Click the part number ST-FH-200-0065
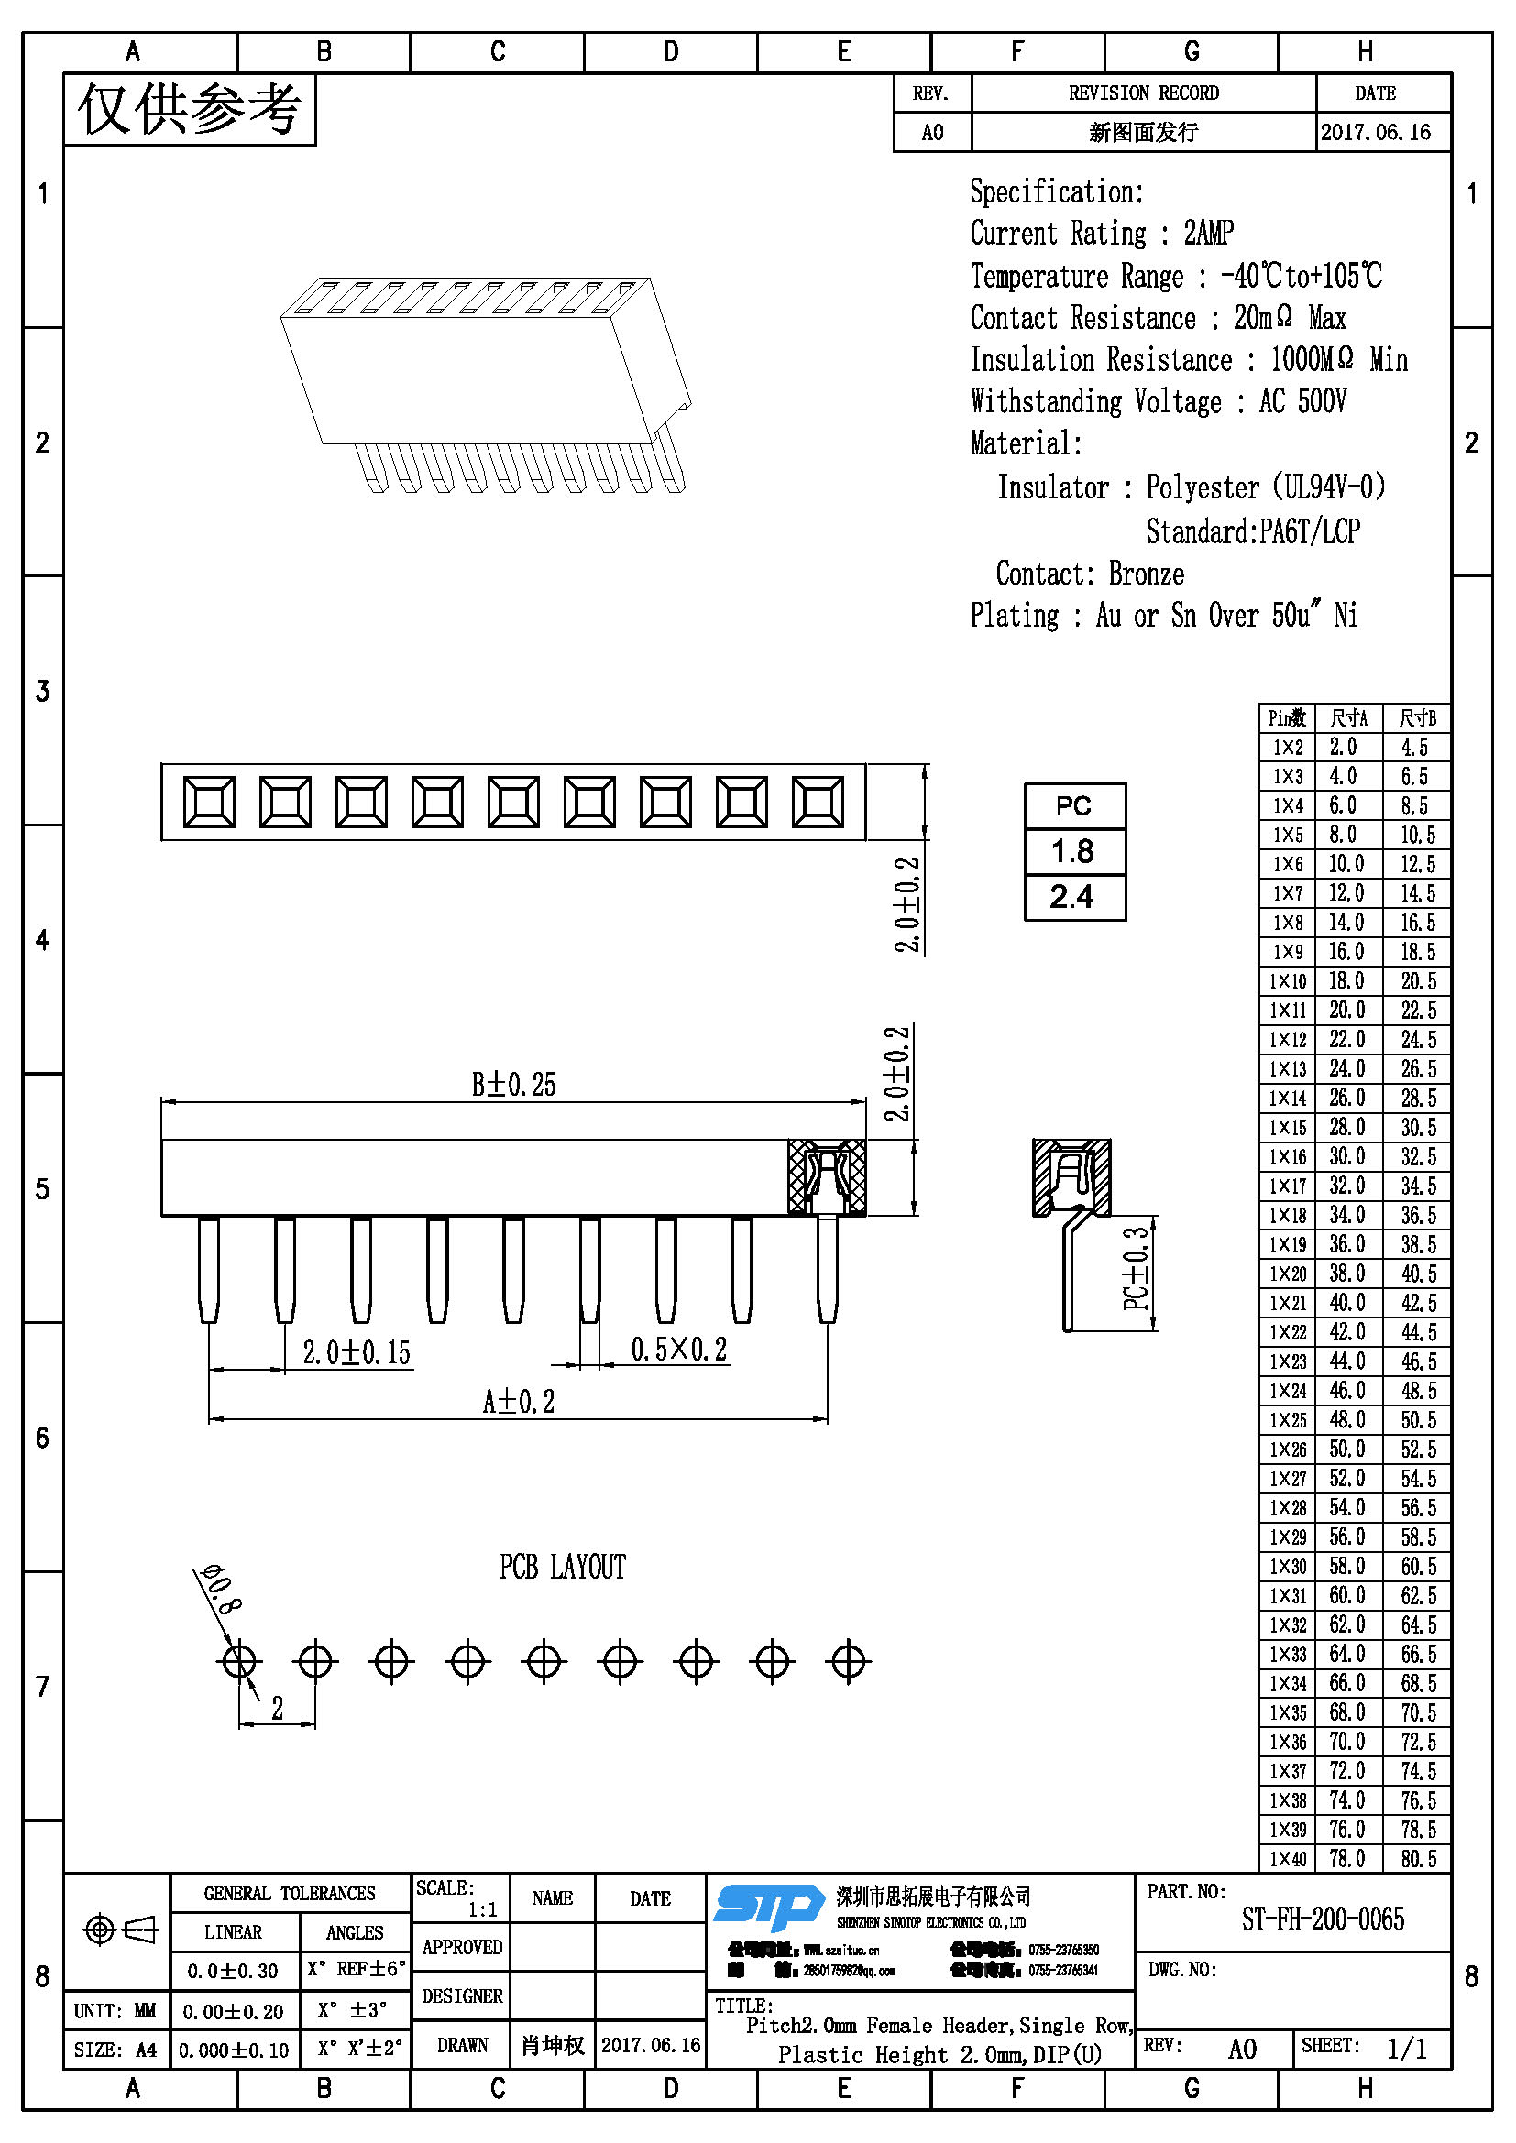coord(1322,1920)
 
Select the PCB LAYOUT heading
coord(562,1567)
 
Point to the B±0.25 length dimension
coord(513,1085)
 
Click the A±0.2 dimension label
coord(518,1401)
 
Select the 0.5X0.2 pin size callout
coord(678,1350)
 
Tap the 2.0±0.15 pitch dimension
coord(357,1352)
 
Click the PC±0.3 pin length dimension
coord(1135,1268)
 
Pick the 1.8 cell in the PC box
coord(1073,851)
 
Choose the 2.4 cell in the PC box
coord(1073,897)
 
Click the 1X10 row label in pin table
coord(1286,981)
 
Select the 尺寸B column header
coord(1416,717)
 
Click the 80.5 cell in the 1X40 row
coord(1417,1858)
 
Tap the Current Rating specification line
coord(1102,234)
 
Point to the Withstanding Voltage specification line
coord(1158,402)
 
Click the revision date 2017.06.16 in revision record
coord(1375,133)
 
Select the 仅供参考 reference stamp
coord(190,110)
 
